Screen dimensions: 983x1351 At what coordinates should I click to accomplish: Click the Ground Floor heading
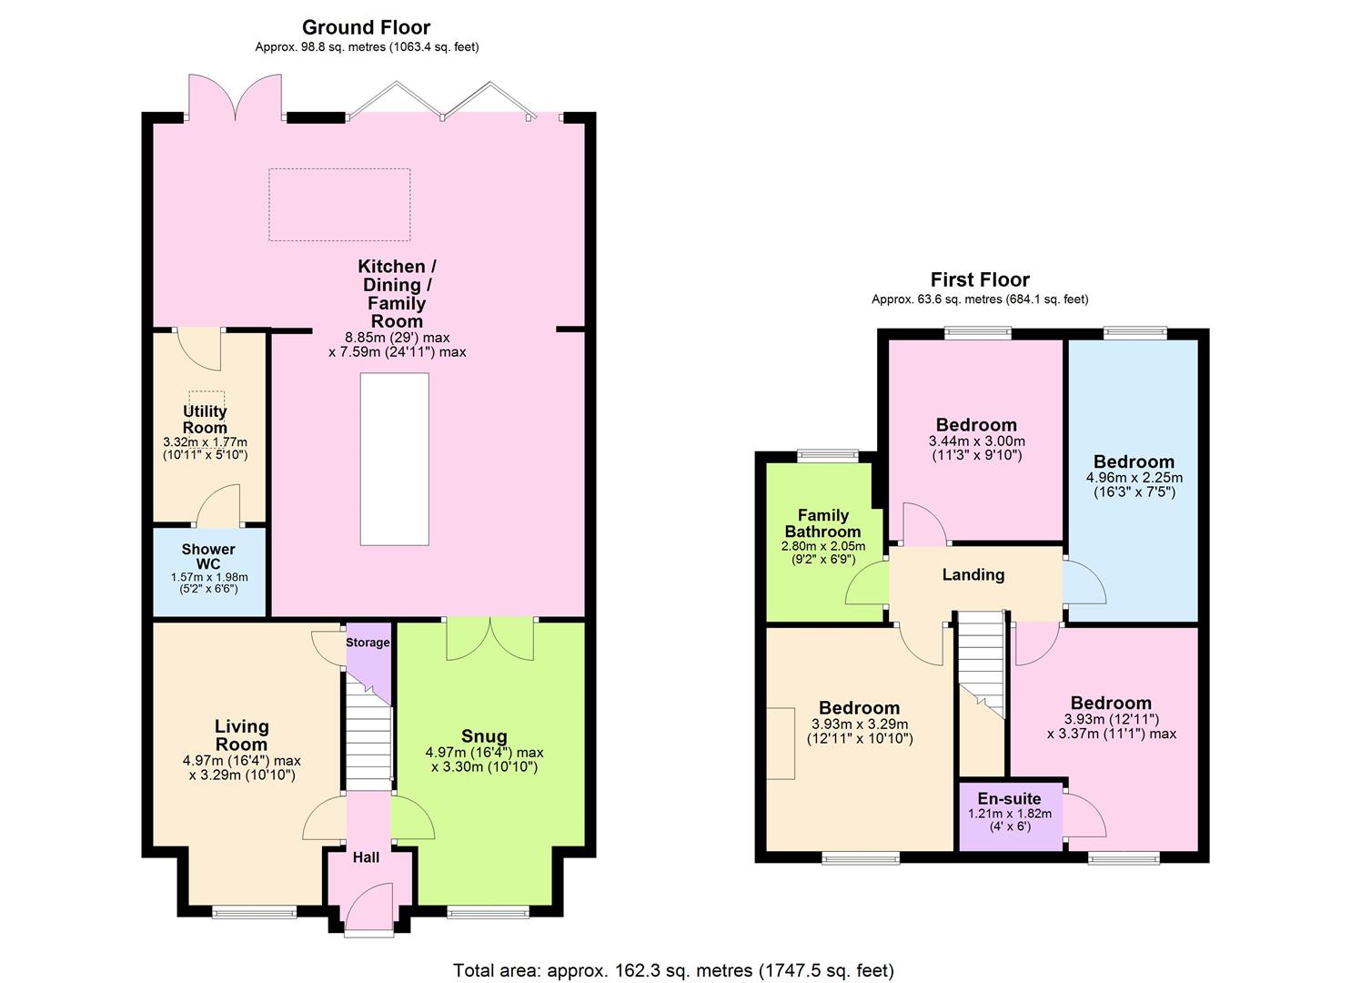pyautogui.click(x=366, y=27)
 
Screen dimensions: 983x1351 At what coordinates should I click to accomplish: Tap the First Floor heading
pyautogui.click(x=980, y=279)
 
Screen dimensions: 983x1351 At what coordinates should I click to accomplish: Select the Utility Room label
pyautogui.click(x=205, y=420)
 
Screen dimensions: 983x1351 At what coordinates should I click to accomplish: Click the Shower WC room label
pyautogui.click(x=208, y=556)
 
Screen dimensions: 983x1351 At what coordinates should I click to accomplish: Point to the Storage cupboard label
pyautogui.click(x=368, y=643)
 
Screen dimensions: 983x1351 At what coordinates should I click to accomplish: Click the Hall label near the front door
pyautogui.click(x=367, y=856)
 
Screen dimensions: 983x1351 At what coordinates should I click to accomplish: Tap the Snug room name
pyautogui.click(x=484, y=736)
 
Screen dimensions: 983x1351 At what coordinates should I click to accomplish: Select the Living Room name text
pyautogui.click(x=242, y=735)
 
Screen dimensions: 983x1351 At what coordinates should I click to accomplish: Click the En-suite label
pyautogui.click(x=1009, y=798)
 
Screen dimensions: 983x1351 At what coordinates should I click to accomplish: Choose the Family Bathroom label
pyautogui.click(x=822, y=523)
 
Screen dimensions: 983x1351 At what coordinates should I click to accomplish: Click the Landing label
pyautogui.click(x=973, y=574)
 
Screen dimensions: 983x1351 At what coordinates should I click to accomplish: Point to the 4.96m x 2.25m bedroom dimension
pyautogui.click(x=1134, y=477)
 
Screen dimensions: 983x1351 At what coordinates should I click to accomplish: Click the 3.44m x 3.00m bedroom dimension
pyautogui.click(x=976, y=441)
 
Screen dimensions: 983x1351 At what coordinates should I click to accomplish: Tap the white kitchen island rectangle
pyautogui.click(x=394, y=459)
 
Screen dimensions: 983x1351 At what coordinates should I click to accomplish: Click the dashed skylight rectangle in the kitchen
pyautogui.click(x=339, y=205)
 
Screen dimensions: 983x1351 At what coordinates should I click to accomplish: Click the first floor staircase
pyautogui.click(x=982, y=661)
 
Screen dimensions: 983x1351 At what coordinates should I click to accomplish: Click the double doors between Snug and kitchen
pyautogui.click(x=489, y=640)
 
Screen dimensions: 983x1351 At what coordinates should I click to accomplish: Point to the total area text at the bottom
pyautogui.click(x=673, y=970)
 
